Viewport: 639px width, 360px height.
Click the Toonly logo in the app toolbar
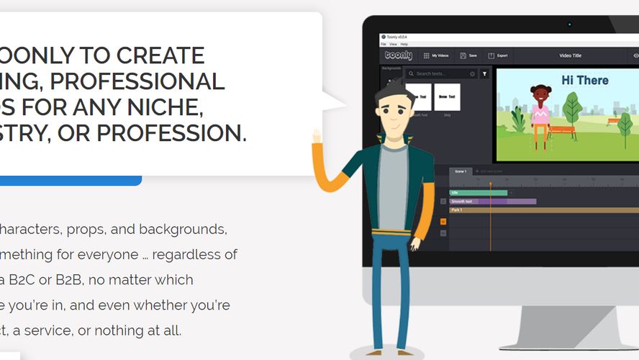[398, 55]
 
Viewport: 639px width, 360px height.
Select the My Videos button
[435, 55]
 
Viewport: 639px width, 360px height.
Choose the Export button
[498, 55]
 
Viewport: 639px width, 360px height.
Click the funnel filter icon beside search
[485, 73]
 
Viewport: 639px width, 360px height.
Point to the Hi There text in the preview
[584, 80]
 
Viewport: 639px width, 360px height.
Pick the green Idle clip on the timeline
[478, 193]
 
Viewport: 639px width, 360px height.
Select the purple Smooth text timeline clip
[492, 202]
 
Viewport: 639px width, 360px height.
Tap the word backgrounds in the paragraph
[183, 230]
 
